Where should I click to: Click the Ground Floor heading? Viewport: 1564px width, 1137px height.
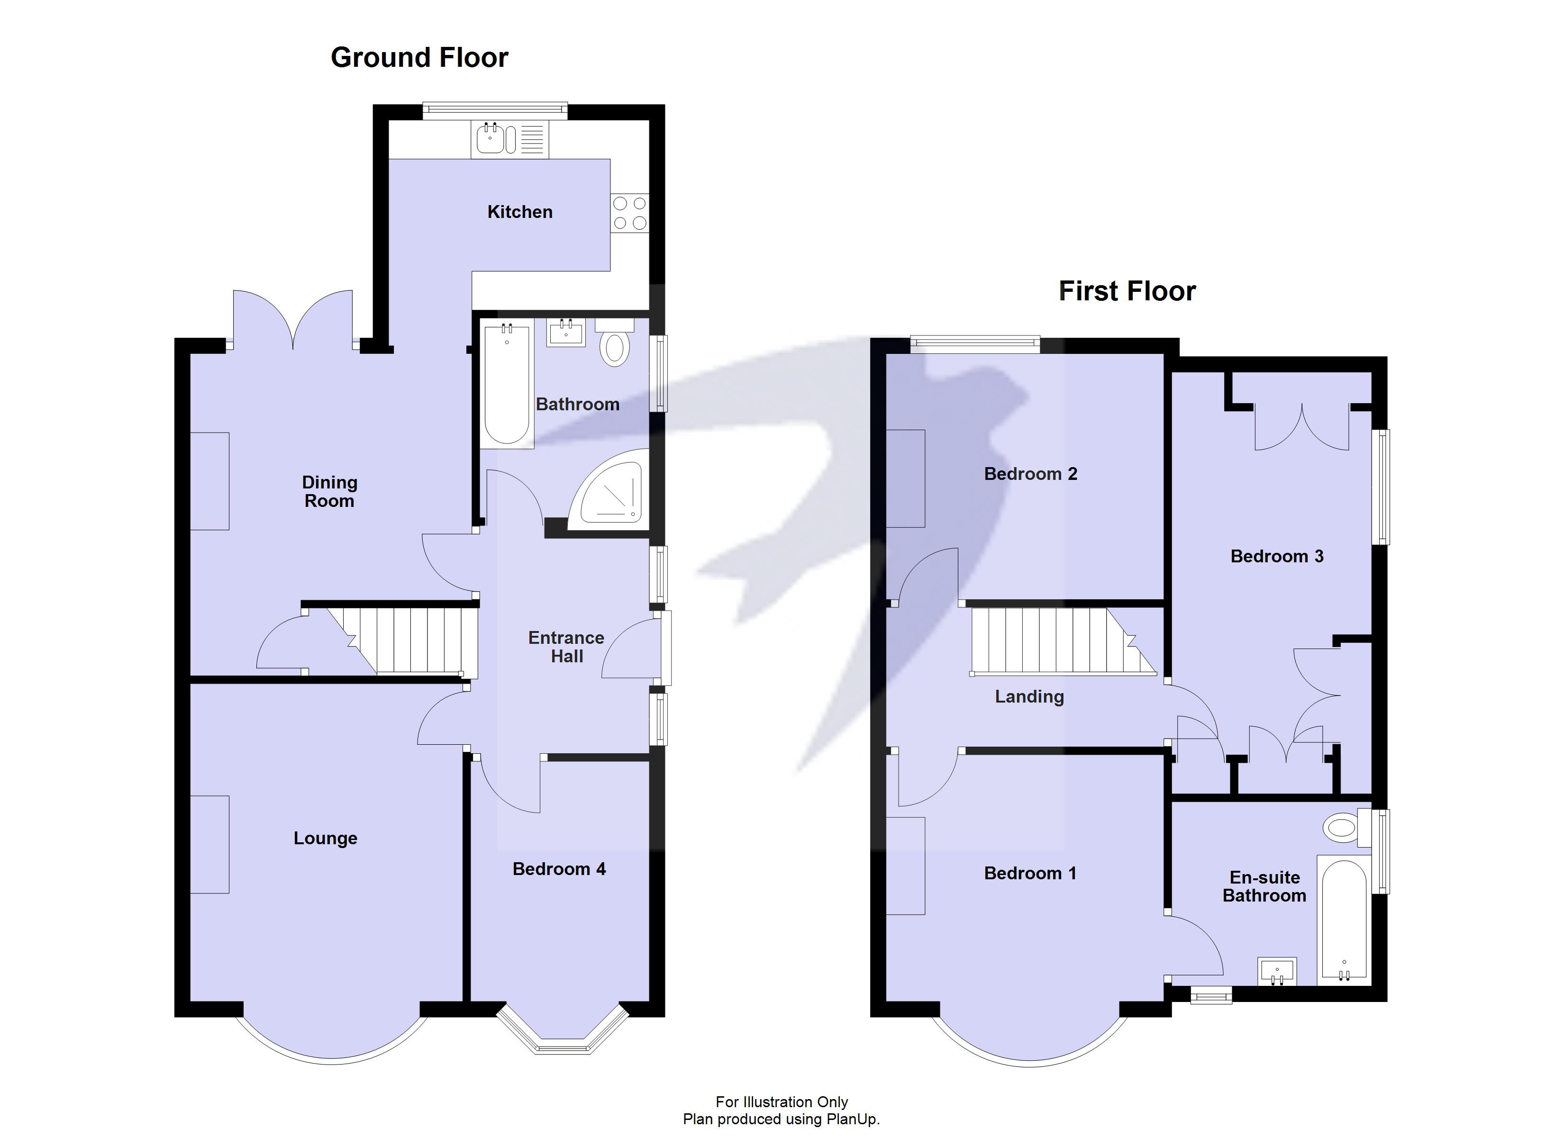[x=419, y=57]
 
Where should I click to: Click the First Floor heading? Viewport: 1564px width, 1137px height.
[x=1127, y=291]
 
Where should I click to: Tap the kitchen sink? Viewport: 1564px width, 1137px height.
[x=491, y=139]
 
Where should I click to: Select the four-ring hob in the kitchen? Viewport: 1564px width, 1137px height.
[x=629, y=213]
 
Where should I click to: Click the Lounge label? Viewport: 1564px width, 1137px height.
[x=326, y=838]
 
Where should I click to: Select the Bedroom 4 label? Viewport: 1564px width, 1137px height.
[x=559, y=869]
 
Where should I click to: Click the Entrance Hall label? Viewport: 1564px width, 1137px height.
[x=566, y=647]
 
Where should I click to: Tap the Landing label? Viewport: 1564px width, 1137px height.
[x=1029, y=696]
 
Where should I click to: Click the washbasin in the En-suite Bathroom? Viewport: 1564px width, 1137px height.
[x=1276, y=972]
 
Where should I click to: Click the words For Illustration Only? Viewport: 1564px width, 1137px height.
[x=782, y=1102]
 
